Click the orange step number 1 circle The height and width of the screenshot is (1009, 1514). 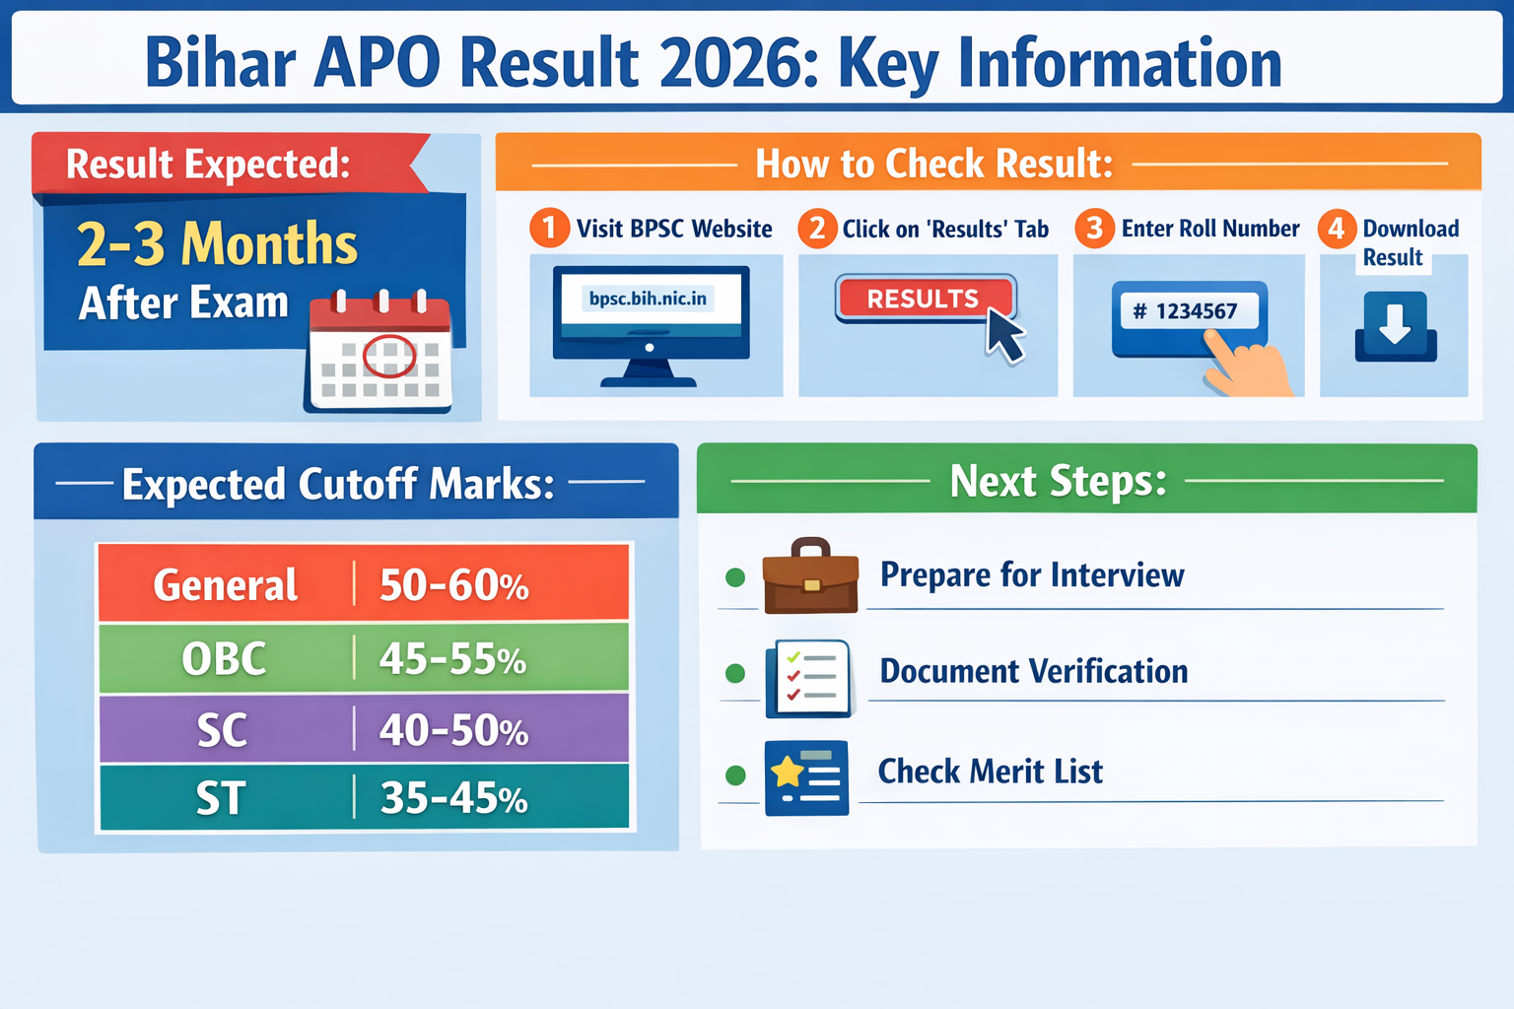549,229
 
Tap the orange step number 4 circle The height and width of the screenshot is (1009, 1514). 1336,229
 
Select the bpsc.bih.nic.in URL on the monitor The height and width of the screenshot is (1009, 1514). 648,299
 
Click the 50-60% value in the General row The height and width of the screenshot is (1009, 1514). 454,585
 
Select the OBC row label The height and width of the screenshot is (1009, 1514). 224,658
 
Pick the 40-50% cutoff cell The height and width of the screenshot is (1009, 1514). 454,730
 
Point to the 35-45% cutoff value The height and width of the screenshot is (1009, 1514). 454,798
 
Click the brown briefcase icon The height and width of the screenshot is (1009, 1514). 810,577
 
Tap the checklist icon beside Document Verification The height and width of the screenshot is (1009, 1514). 808,678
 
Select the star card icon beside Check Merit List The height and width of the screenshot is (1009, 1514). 806,777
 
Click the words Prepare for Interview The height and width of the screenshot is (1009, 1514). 1031,574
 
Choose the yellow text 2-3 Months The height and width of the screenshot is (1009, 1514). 217,243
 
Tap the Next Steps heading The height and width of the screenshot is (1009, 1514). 1058,481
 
